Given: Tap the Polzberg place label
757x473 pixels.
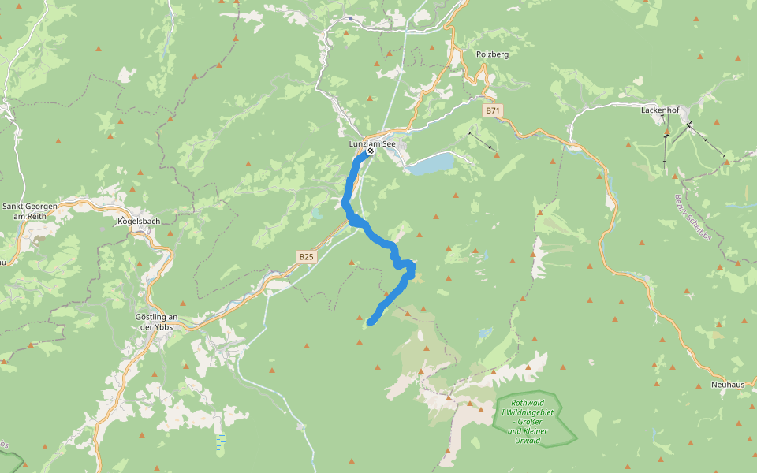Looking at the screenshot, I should click(x=492, y=54).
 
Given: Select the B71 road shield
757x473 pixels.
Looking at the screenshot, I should click(x=493, y=110).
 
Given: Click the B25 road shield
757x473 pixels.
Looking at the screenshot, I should click(x=307, y=256).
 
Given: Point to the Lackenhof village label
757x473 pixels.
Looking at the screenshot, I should click(x=661, y=110).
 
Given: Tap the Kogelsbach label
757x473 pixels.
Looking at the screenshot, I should click(x=138, y=221).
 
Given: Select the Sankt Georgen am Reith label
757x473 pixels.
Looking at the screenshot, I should click(x=30, y=210).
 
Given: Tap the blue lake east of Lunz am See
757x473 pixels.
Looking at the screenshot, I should click(x=431, y=163).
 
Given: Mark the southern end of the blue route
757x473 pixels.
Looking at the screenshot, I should click(x=370, y=321).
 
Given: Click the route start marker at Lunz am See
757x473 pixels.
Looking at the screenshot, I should click(x=370, y=151).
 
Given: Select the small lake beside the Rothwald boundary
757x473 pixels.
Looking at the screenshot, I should click(x=484, y=333).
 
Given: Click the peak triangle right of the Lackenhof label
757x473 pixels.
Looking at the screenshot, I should click(x=716, y=122).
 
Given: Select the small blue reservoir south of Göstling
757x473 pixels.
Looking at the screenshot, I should click(x=221, y=445).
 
